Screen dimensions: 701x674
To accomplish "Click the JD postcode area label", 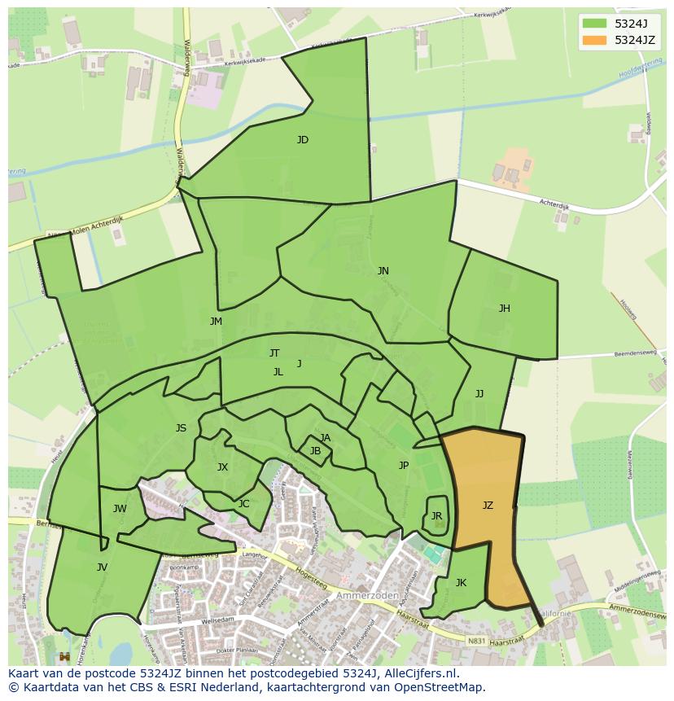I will pos(303,140).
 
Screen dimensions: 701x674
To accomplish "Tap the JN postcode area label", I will pos(383,271).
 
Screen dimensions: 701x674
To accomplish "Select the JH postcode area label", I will pos(505,309).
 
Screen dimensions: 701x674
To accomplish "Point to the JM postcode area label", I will pos(216,322).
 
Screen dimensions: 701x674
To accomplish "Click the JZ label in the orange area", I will pos(488,506).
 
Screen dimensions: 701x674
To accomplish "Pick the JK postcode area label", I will pos(461,583).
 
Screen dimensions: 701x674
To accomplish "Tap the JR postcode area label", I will pos(436,516).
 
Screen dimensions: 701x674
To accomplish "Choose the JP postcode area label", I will pos(403,466).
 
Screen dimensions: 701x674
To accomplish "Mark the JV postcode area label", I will pos(102,567).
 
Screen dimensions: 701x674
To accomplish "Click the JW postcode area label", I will pos(120,510).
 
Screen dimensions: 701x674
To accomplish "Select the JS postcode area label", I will pos(181,428).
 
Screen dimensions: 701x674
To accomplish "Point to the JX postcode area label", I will pos(222,467).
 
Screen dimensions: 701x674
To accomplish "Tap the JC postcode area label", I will pos(243,504).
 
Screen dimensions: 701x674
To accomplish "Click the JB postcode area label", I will pos(315,451).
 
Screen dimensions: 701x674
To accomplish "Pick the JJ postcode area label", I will pos(479,394).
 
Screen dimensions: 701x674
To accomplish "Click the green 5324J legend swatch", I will pos(595,24).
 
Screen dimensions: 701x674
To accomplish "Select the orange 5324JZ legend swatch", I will pos(595,40).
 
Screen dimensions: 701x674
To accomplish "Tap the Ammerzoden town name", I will pos(371,595).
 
